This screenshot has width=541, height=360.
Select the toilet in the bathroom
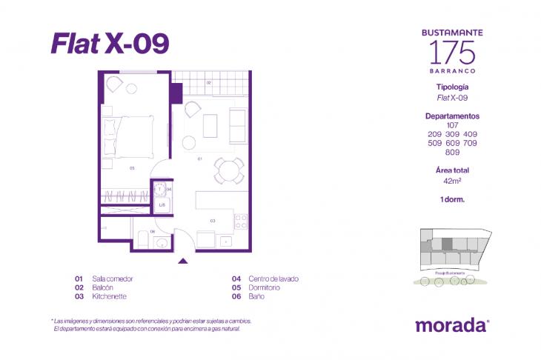[x=143, y=239]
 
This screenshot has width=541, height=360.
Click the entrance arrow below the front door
[x=183, y=260]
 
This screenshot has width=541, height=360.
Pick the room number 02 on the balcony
[x=210, y=83]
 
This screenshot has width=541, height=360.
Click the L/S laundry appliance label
[x=162, y=204]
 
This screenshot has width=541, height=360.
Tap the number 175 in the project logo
[x=452, y=51]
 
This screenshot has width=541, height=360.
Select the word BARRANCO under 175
[x=452, y=70]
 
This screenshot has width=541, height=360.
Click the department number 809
[x=452, y=153]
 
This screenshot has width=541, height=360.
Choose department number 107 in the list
[x=452, y=124]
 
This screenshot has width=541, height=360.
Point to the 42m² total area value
[x=452, y=179]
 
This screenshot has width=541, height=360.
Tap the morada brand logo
[x=452, y=324]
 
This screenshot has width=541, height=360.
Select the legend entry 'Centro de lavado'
[x=273, y=279]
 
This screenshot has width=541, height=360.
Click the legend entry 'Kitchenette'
[x=109, y=296]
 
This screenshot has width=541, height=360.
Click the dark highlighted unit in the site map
[x=447, y=242]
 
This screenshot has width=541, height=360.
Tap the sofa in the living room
[x=237, y=126]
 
